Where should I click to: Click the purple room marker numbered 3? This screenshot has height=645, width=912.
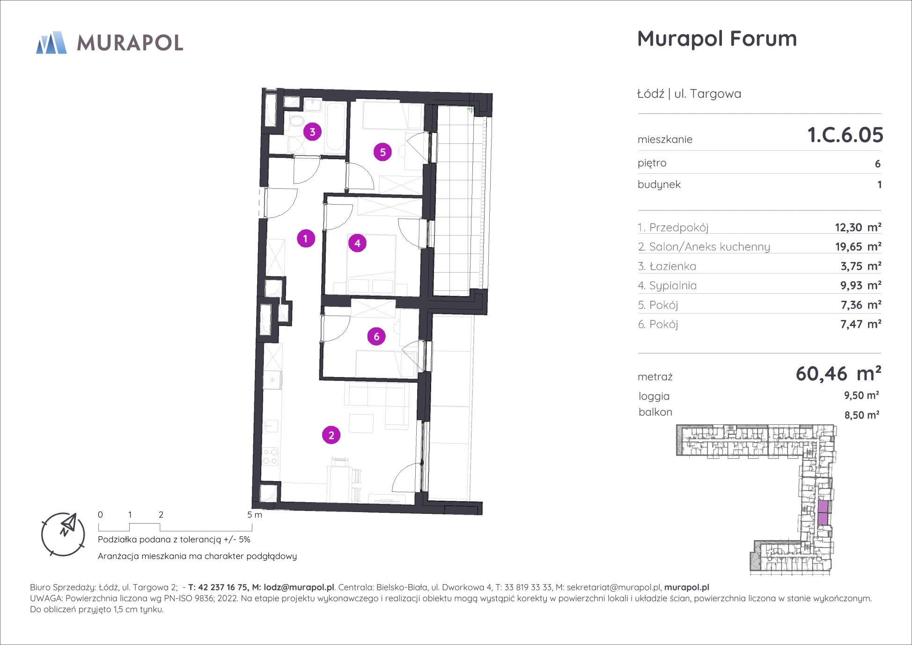click(312, 132)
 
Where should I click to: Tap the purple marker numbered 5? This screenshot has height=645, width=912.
click(382, 152)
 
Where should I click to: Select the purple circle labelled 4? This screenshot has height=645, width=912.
click(357, 243)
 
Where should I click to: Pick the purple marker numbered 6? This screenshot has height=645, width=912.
click(376, 336)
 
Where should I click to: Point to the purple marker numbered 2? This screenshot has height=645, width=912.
click(331, 435)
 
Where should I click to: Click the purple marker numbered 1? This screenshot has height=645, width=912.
click(306, 238)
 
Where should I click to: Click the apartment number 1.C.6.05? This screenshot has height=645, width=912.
click(845, 135)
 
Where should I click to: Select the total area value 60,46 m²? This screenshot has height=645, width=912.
click(838, 373)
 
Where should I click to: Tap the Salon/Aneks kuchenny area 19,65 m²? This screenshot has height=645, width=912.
click(858, 246)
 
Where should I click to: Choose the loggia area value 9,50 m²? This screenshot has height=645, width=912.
click(861, 395)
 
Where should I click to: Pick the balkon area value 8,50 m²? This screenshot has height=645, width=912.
click(861, 415)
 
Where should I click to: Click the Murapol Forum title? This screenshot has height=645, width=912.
click(717, 38)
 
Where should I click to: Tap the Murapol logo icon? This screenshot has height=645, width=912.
click(51, 43)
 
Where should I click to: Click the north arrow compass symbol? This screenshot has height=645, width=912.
click(63, 534)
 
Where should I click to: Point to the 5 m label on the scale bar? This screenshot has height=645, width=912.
click(255, 515)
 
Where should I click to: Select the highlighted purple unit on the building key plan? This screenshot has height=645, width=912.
click(823, 513)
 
